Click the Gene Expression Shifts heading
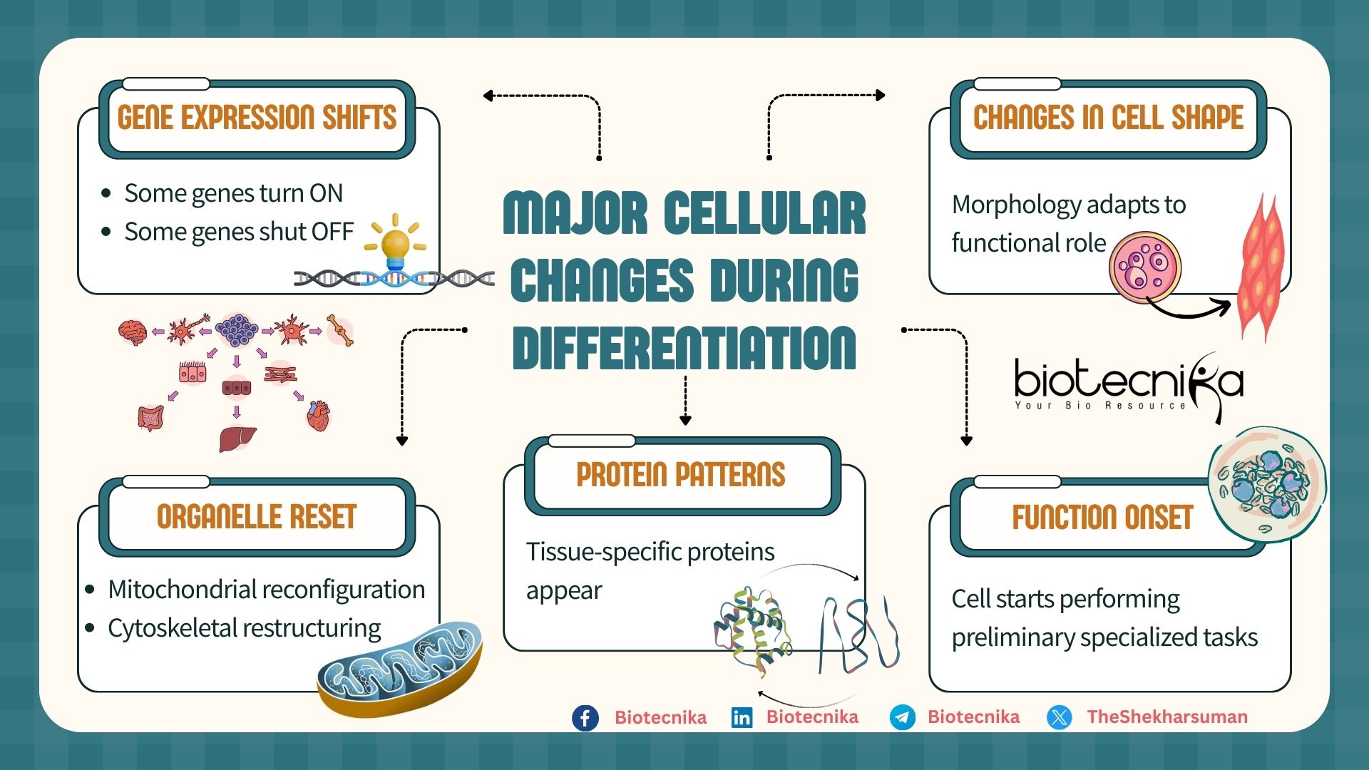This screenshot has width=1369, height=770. click(257, 118)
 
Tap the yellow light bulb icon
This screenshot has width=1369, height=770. click(395, 243)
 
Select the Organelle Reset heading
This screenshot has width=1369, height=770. click(257, 517)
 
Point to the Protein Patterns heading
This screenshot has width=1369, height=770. click(681, 475)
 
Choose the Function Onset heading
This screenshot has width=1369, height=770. click(1102, 518)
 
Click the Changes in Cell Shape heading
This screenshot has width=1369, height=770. click(1108, 118)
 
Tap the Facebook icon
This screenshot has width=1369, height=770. click(585, 717)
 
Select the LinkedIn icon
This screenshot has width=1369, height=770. click(742, 717)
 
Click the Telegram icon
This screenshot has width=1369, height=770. click(903, 717)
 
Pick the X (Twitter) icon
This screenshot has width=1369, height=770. click(1060, 717)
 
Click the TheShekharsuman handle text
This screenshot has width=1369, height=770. click(1167, 717)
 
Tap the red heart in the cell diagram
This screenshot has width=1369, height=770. click(318, 416)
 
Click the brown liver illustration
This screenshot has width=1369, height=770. click(237, 437)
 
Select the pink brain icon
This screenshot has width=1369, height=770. click(133, 332)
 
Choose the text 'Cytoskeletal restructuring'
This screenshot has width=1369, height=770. click(244, 628)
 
